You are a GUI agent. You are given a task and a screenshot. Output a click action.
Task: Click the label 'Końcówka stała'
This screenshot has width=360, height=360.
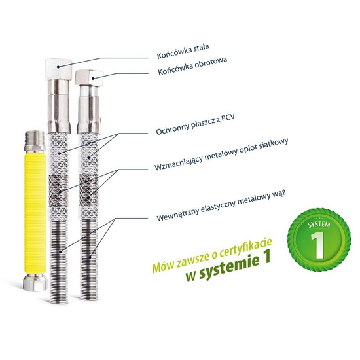click(x=183, y=51)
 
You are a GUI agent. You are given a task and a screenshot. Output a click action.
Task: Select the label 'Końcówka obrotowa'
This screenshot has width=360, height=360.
click(x=192, y=65)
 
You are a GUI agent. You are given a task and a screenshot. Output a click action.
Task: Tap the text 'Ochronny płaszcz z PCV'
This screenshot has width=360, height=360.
click(x=196, y=124)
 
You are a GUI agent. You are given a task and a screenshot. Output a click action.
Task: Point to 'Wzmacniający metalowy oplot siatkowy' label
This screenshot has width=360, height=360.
click(x=221, y=154)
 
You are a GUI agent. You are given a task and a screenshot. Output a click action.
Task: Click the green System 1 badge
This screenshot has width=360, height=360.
click(x=319, y=240)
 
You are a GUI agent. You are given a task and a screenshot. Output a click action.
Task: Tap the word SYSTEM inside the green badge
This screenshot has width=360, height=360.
click(x=319, y=225)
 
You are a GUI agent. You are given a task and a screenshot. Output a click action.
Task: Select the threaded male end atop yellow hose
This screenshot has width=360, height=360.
click(x=35, y=141)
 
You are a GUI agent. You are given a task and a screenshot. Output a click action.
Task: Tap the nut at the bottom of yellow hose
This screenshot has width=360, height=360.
click(x=35, y=283)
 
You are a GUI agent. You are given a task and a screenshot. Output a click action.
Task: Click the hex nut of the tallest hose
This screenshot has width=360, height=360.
click(x=59, y=69)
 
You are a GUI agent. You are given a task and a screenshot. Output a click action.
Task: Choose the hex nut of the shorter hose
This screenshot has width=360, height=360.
click(x=89, y=78)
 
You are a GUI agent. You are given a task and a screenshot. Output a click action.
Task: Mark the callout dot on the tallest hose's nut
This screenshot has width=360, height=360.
click(x=58, y=67)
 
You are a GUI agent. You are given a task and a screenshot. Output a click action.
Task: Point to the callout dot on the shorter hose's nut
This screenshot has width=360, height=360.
click(x=93, y=79)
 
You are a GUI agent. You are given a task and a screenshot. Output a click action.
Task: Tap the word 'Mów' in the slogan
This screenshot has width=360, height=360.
click(x=162, y=267)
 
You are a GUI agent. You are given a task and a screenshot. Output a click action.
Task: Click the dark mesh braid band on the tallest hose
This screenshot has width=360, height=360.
click(x=59, y=190)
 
